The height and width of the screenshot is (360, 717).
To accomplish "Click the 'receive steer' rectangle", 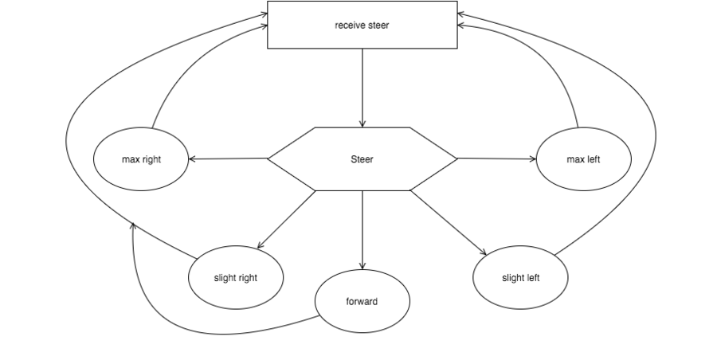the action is click(x=362, y=25).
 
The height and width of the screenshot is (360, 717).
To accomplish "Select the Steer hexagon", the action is click(x=362, y=158).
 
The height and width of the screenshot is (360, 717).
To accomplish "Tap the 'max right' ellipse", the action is click(x=141, y=158).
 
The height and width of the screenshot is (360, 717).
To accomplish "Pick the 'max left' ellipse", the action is click(x=583, y=158).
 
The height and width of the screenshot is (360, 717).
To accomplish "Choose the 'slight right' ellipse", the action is click(x=236, y=277).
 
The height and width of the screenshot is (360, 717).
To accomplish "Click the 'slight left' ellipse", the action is click(x=520, y=277).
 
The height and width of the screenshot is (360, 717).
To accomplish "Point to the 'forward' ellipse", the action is click(x=362, y=301).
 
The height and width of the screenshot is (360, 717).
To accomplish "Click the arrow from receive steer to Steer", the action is click(x=362, y=88).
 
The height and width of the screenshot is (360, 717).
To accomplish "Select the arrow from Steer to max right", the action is click(x=228, y=158).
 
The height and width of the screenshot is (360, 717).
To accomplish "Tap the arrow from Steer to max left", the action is click(x=496, y=158).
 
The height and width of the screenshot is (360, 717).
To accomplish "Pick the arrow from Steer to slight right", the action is click(x=286, y=220).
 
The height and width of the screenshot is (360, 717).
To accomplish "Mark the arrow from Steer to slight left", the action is click(x=448, y=222).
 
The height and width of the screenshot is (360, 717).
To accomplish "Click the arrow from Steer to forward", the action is click(x=362, y=230).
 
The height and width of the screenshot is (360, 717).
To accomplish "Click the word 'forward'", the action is click(x=362, y=301).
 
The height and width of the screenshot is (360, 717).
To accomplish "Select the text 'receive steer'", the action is click(x=362, y=25).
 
